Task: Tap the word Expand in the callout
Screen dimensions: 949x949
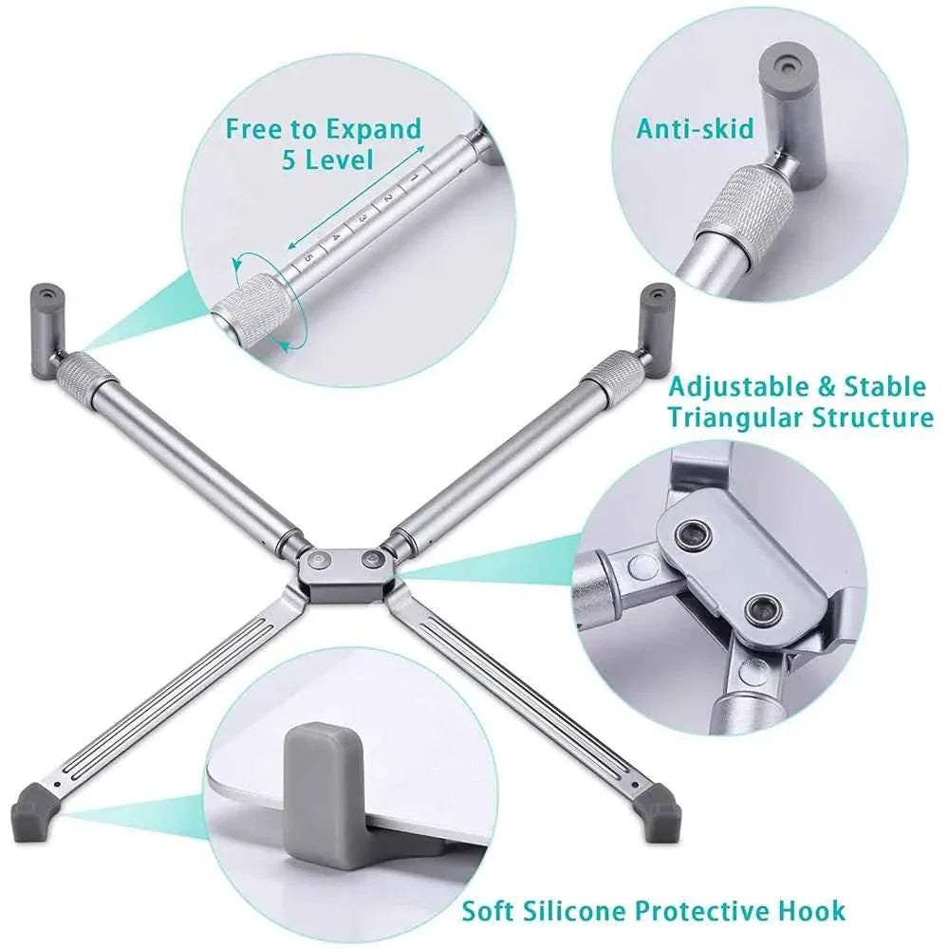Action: point(372,128)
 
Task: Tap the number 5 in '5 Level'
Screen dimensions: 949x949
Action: point(290,158)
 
